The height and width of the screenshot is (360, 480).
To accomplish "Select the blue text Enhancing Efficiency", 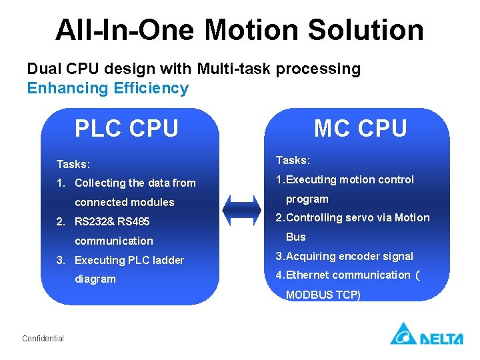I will [107, 88].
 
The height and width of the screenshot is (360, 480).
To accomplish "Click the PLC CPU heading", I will [127, 128].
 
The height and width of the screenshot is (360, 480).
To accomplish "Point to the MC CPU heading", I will [361, 128].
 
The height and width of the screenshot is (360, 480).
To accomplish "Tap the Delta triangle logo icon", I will [403, 333].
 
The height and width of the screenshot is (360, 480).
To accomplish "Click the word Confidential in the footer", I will [43, 339].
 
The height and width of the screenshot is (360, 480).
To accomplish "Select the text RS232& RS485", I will [112, 221].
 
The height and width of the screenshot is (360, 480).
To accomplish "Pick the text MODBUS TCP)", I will [323, 295].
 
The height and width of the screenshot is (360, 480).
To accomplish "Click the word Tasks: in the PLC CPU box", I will [73, 163].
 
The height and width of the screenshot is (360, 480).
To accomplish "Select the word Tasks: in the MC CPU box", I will [293, 160].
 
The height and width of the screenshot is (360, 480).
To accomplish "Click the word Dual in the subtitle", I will [43, 69].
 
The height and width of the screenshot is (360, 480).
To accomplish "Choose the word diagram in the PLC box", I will [95, 279].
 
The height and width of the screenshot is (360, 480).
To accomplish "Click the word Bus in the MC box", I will [295, 237].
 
